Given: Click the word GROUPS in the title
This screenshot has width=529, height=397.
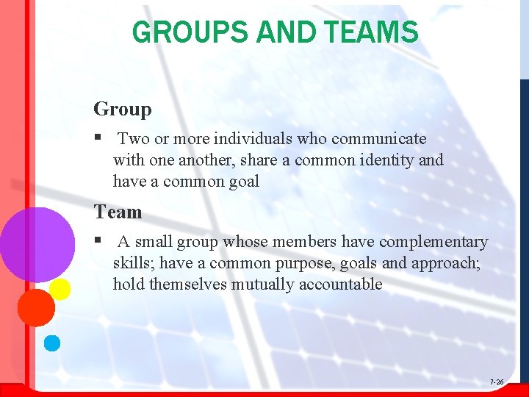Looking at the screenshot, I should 188,32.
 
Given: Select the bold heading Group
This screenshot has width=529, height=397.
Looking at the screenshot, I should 122,110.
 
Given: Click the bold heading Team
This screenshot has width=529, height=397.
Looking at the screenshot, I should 118,212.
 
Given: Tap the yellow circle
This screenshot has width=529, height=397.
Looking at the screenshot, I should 60,289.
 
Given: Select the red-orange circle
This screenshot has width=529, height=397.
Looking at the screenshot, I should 35,307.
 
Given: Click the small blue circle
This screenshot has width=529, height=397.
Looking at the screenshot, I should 51,343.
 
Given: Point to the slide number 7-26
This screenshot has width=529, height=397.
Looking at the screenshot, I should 497,382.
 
